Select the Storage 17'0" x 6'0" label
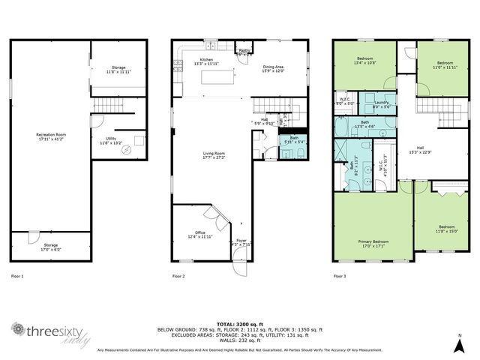click(x=49, y=246)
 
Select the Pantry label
click(x=244, y=51)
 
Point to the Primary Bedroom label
click(x=372, y=242)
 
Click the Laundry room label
click(x=381, y=104)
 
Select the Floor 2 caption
click(x=178, y=277)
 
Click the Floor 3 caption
click(x=340, y=277)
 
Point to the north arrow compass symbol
click(x=459, y=343)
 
